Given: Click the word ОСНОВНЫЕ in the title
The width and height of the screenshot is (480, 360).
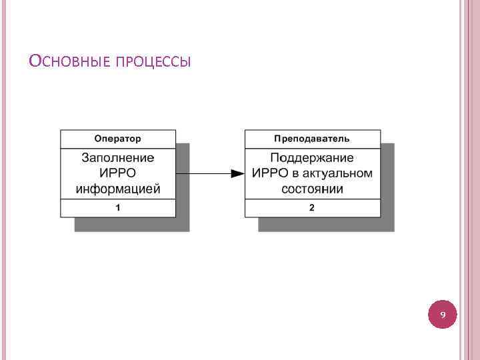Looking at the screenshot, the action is coord(70,62).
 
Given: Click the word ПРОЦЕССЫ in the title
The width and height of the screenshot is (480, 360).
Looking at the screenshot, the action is coord(153,63).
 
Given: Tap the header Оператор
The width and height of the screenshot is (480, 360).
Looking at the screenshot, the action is coord(118,139).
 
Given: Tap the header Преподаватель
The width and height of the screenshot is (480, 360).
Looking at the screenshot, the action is coord(312,139).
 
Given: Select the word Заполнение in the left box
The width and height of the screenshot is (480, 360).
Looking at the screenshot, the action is coord(118,158).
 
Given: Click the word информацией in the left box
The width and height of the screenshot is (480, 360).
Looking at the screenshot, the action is coord(118,189).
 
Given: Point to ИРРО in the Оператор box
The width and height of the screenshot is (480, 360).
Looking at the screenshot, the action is coord(118,173).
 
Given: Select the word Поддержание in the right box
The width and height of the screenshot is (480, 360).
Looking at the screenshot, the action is coord(312,158).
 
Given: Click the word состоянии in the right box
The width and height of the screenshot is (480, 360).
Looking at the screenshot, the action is coord(312,189).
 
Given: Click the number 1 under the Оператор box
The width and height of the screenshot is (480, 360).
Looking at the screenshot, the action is coord(118,208).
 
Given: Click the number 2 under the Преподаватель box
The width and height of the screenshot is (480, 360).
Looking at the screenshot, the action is coord(312,208).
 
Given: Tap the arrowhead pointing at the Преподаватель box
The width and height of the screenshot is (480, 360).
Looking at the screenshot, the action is coord(237,173).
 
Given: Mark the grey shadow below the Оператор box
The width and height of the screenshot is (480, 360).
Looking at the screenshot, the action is coord(133,225).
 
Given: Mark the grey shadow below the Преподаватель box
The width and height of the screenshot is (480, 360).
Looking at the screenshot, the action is coord(327,225).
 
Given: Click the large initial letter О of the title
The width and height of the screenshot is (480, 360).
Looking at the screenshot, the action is coord(35,61).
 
